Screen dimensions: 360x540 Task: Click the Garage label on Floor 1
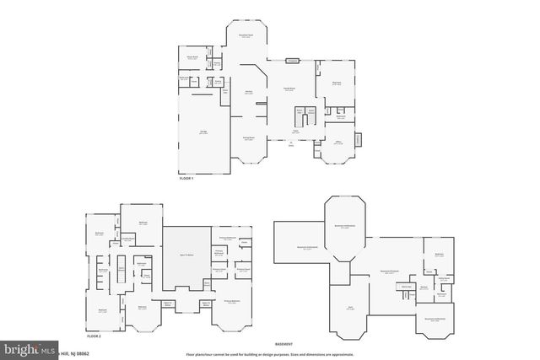203,132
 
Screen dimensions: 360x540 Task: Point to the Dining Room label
249,138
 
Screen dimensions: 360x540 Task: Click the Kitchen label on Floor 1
250,92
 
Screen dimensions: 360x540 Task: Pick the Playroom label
335,83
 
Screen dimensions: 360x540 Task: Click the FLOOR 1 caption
186,179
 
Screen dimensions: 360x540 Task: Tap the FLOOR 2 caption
93,336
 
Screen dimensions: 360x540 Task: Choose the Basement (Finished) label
390,271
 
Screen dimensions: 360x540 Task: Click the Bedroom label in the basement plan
440,255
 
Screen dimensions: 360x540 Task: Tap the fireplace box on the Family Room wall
292,60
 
